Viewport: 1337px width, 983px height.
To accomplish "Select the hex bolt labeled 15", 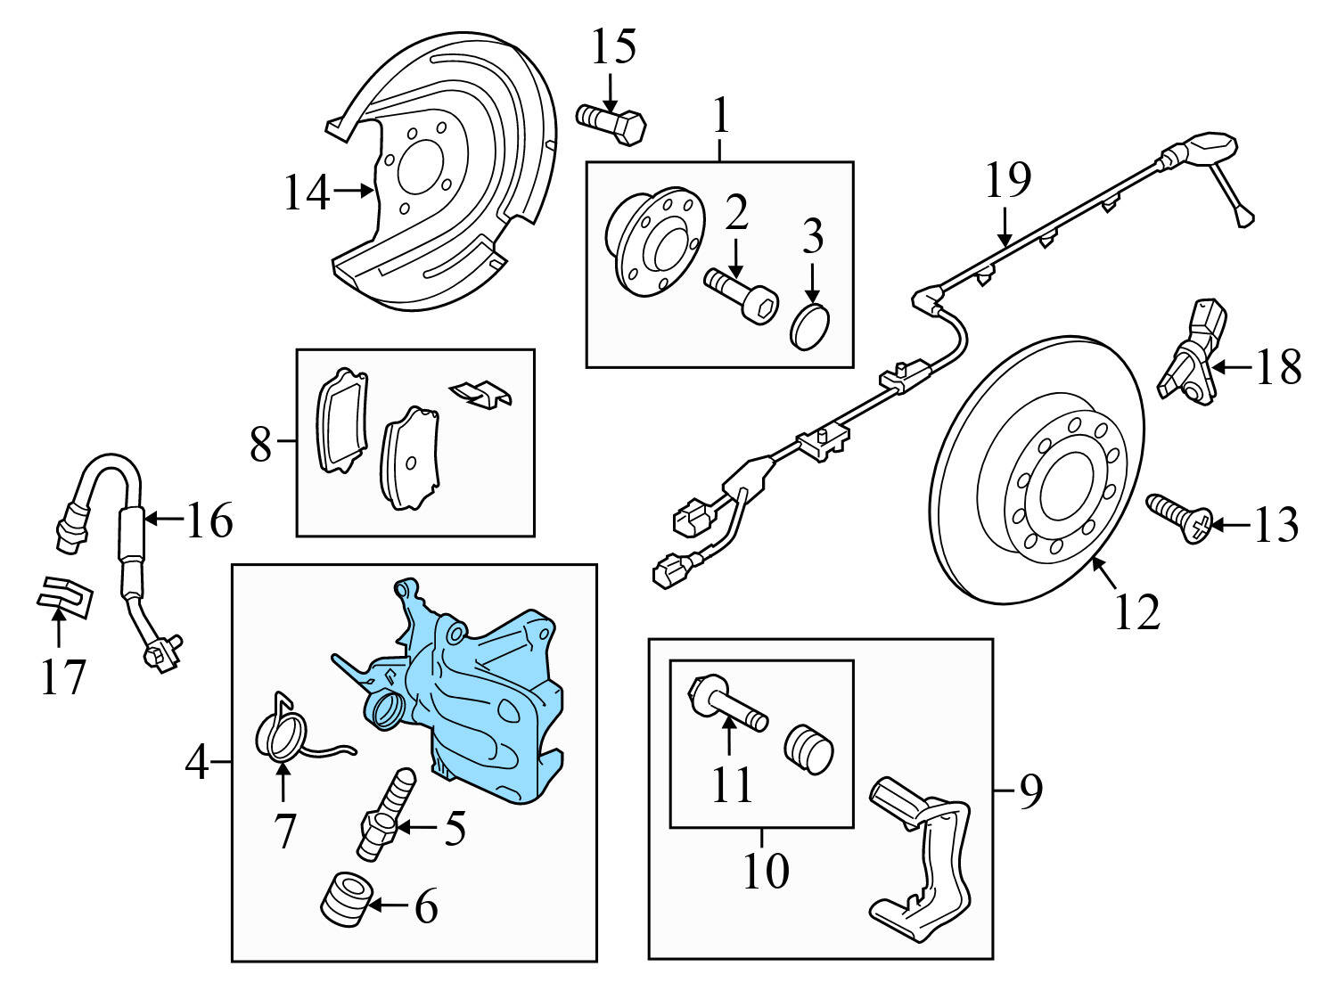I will [x=611, y=124].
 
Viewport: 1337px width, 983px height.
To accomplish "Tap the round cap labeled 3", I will [x=810, y=327].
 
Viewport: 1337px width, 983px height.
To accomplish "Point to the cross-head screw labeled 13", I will [x=1179, y=519].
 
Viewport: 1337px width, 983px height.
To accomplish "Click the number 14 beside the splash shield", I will [x=306, y=193].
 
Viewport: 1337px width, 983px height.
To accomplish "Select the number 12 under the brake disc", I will [x=1137, y=612].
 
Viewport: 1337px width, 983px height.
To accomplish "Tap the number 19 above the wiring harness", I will [x=1007, y=181].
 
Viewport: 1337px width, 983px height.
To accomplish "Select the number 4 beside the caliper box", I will [x=197, y=763].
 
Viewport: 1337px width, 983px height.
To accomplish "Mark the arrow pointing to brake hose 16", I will [x=162, y=518].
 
